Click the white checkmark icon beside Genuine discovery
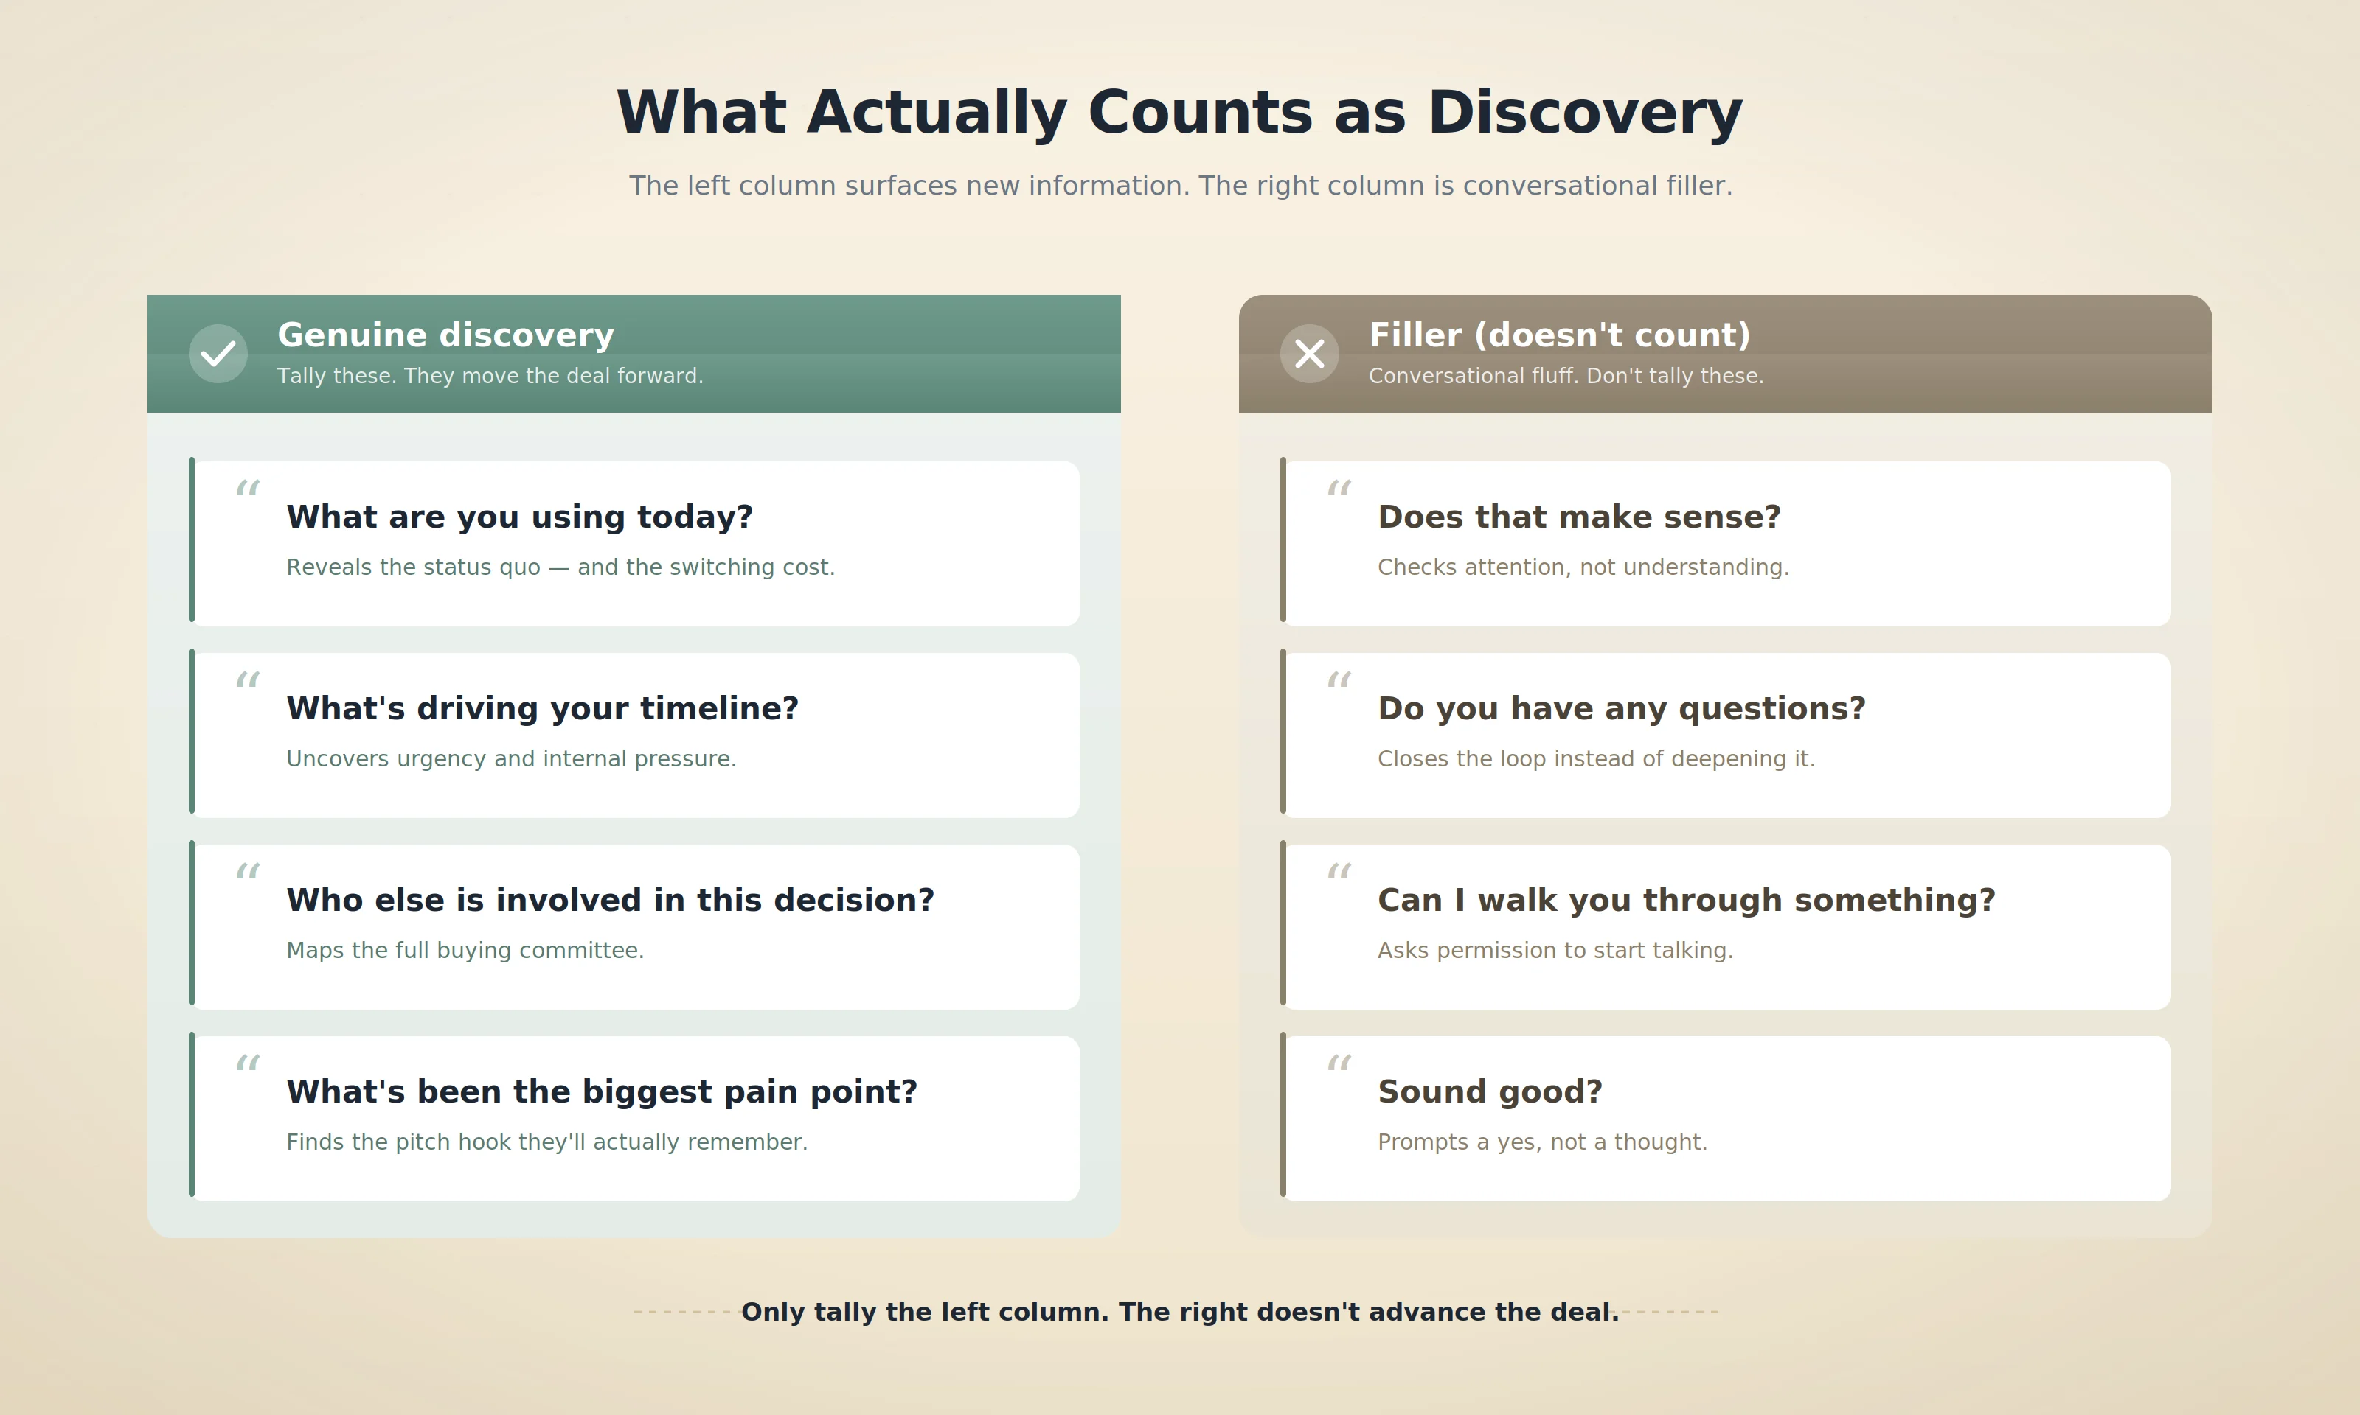tap(218, 354)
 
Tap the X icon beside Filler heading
tap(1309, 354)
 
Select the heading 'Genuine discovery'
tap(445, 335)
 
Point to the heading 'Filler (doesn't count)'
tap(1559, 335)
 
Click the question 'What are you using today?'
tap(519, 517)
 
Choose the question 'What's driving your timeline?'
tap(542, 708)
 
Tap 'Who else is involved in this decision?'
tap(610, 900)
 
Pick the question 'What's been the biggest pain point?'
tap(601, 1091)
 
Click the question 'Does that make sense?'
tap(1579, 517)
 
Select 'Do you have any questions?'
tap(1621, 708)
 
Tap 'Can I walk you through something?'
tap(1686, 900)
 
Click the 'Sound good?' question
tap(1489, 1091)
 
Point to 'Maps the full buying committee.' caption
tap(465, 951)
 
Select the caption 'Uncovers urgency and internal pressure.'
tap(510, 759)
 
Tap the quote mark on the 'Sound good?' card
tap(1339, 1063)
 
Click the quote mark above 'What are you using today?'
tap(247, 489)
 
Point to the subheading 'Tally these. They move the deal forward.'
tap(490, 376)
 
